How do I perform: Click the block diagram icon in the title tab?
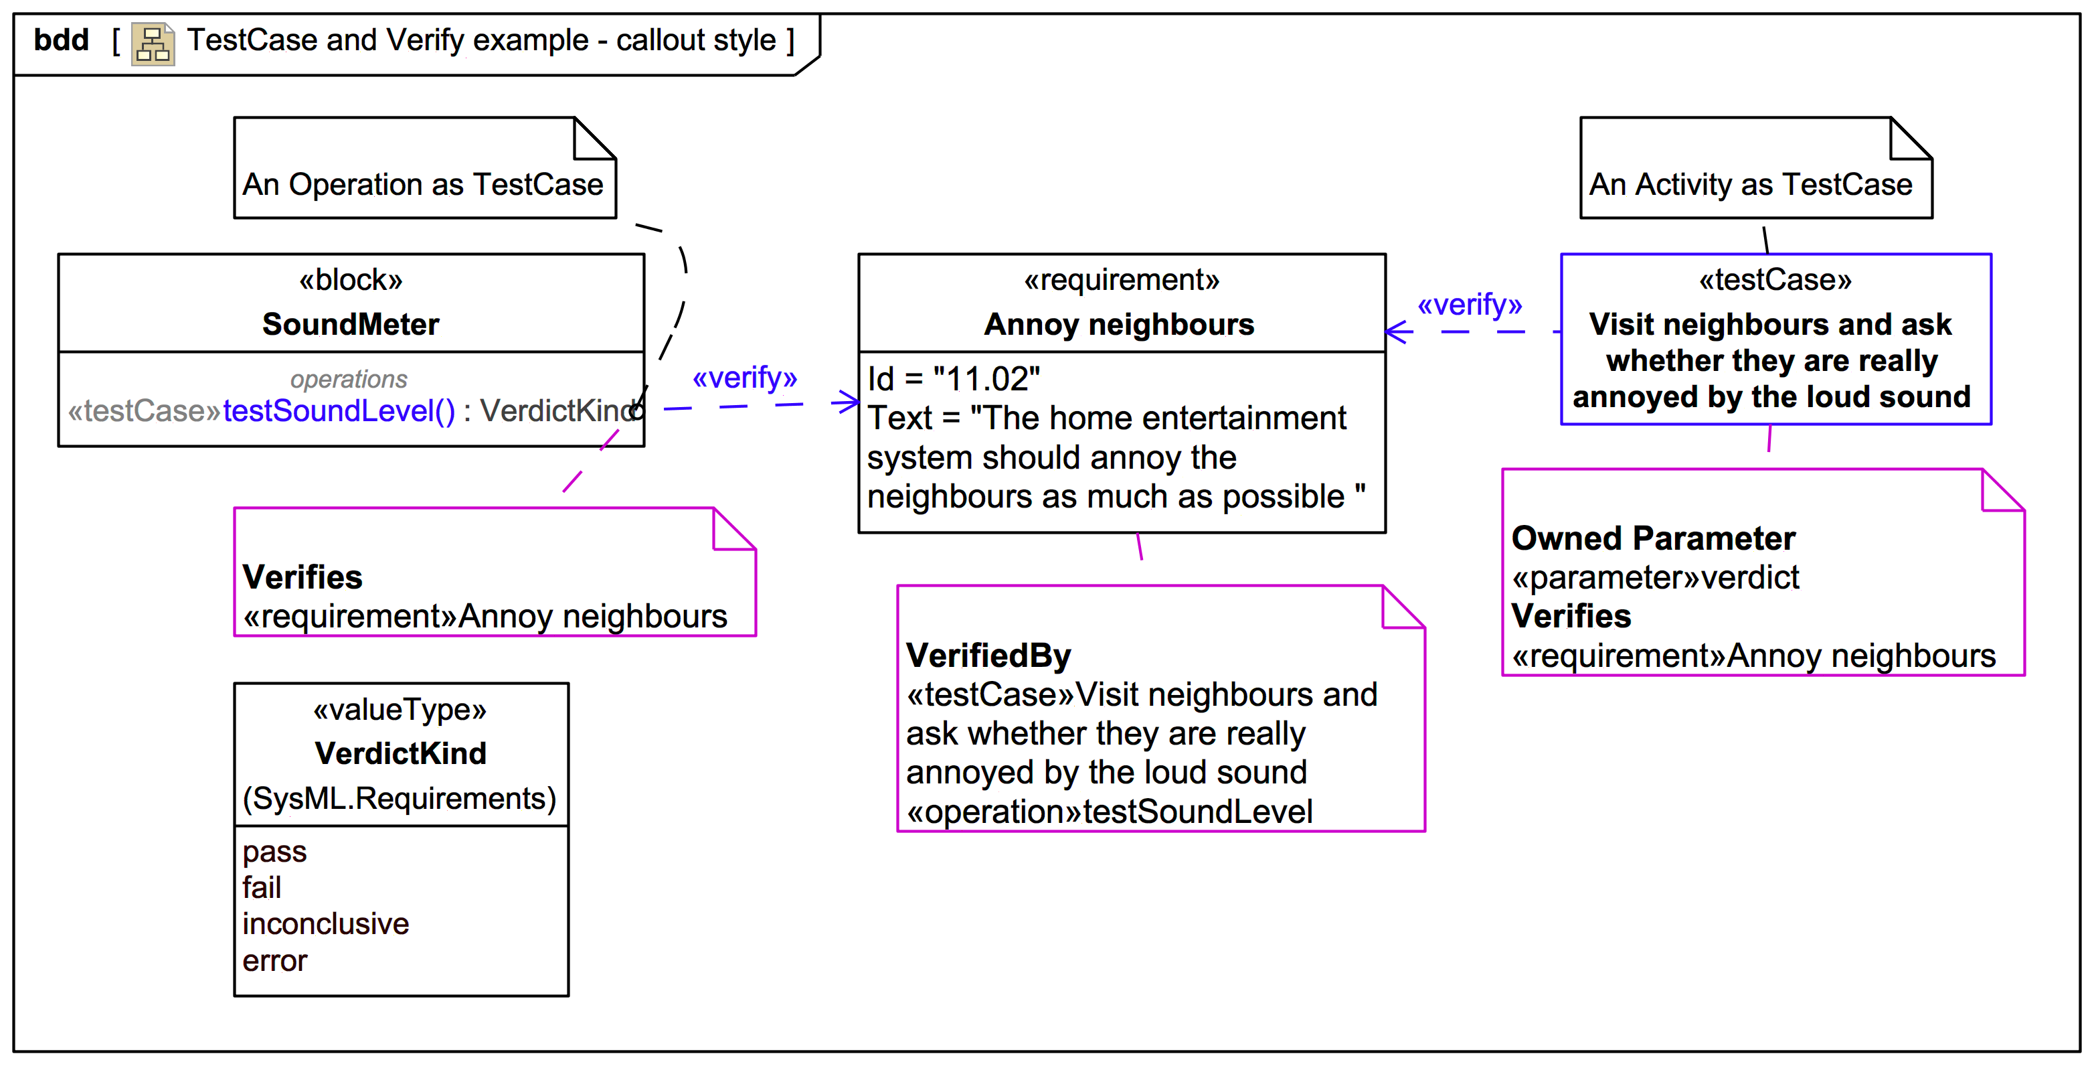coord(153,44)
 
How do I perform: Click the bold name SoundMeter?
coord(351,325)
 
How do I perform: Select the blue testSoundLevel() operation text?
coord(339,411)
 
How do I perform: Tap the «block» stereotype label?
coord(351,281)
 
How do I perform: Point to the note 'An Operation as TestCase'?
coord(424,185)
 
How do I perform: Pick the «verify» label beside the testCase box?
coord(1470,305)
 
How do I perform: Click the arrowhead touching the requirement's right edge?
coord(1397,331)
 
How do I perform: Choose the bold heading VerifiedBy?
coord(988,656)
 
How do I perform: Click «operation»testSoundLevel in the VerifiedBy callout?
coord(1110,812)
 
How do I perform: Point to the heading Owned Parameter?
coord(1654,538)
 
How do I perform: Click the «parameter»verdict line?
coord(1655,577)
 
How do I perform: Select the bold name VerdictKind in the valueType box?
coord(401,754)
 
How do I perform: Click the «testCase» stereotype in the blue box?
coord(1775,281)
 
